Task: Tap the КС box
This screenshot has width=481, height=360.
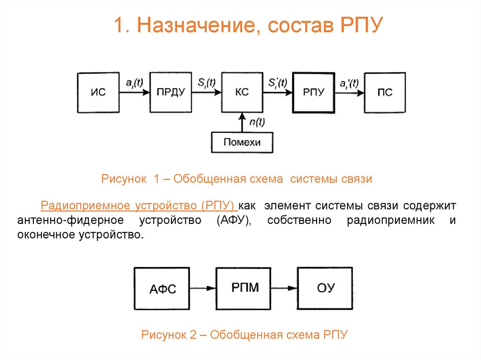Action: coord(241,92)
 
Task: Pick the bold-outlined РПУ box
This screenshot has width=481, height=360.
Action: coord(313,92)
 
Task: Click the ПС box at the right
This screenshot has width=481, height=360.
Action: coord(385,92)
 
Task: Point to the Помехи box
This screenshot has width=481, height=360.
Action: coord(242,142)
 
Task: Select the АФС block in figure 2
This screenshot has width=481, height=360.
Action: coord(162,289)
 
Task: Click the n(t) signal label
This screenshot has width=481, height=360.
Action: coord(256,123)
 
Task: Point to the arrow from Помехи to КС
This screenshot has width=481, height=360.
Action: coord(242,123)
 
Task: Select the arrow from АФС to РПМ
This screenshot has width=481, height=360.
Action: coord(203,289)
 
